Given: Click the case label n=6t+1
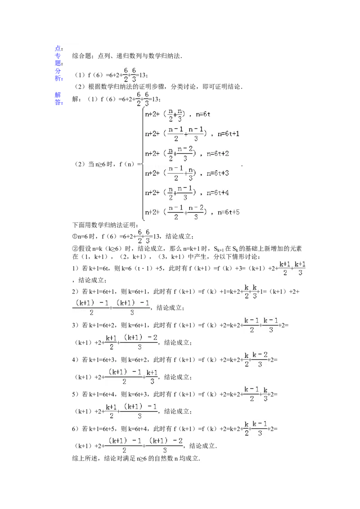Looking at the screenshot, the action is pos(228,134).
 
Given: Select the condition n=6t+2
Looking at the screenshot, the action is pos(218,154).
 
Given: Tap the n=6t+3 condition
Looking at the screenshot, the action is pos(218,173).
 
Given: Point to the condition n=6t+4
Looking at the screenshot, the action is pos(218,193).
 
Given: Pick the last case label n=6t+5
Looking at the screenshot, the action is pos(228,212).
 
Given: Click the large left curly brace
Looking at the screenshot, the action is pos(143,164).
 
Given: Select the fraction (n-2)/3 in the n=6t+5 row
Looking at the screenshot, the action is pos(194,212).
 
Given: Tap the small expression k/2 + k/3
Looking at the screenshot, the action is pos(250,291).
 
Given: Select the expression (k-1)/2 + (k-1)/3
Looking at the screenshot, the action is pos(261,324).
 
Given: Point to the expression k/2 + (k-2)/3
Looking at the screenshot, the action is pos(256,360).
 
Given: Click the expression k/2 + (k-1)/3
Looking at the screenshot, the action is pos(256,428).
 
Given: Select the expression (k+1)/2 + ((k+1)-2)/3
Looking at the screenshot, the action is pos(131,342).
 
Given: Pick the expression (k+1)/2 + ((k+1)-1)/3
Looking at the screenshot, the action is pos(131,411).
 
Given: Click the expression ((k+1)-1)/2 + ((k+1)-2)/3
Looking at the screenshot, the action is pos(144,445).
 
